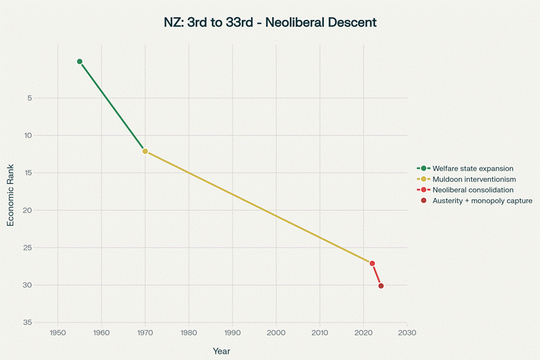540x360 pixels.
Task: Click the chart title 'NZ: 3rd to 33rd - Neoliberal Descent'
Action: [270, 22]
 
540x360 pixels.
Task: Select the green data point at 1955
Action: [80, 61]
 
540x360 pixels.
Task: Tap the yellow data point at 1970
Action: [145, 151]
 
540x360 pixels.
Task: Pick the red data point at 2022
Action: [372, 263]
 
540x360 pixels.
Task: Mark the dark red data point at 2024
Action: [381, 286]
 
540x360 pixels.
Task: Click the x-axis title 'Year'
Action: [221, 351]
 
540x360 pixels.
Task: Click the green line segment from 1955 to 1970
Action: [112, 106]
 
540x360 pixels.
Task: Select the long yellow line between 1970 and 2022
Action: [259, 207]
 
